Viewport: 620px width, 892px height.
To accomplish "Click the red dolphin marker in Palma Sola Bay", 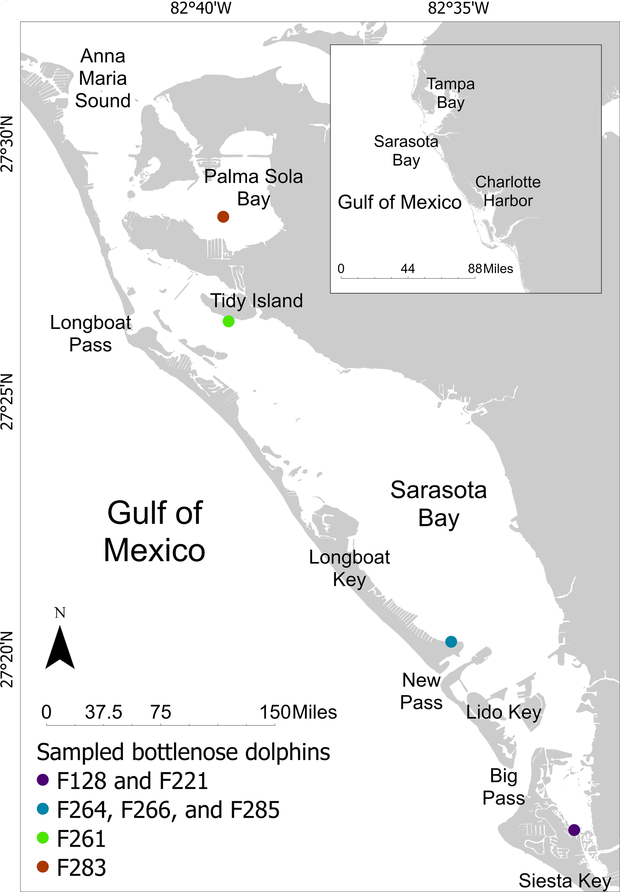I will click(223, 217).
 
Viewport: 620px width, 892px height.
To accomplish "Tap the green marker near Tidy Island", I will click(228, 321).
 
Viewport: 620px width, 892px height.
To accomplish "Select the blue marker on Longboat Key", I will click(451, 642).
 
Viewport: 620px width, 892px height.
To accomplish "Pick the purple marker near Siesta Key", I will click(574, 830).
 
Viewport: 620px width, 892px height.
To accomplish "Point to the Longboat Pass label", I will click(91, 334).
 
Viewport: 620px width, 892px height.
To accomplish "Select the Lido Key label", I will click(503, 712).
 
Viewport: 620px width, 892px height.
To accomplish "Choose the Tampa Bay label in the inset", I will click(450, 93).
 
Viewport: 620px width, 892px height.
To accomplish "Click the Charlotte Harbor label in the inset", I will click(508, 191).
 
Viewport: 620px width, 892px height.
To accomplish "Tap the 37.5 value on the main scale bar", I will click(103, 713).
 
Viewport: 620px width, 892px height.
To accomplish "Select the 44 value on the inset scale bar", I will click(408, 268).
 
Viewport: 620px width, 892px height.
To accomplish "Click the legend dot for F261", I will click(43, 838).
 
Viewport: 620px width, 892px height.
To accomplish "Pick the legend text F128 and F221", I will click(132, 781).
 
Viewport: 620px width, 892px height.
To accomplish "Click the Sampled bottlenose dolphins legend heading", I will click(183, 752).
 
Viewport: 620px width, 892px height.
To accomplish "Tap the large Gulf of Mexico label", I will click(154, 532).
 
